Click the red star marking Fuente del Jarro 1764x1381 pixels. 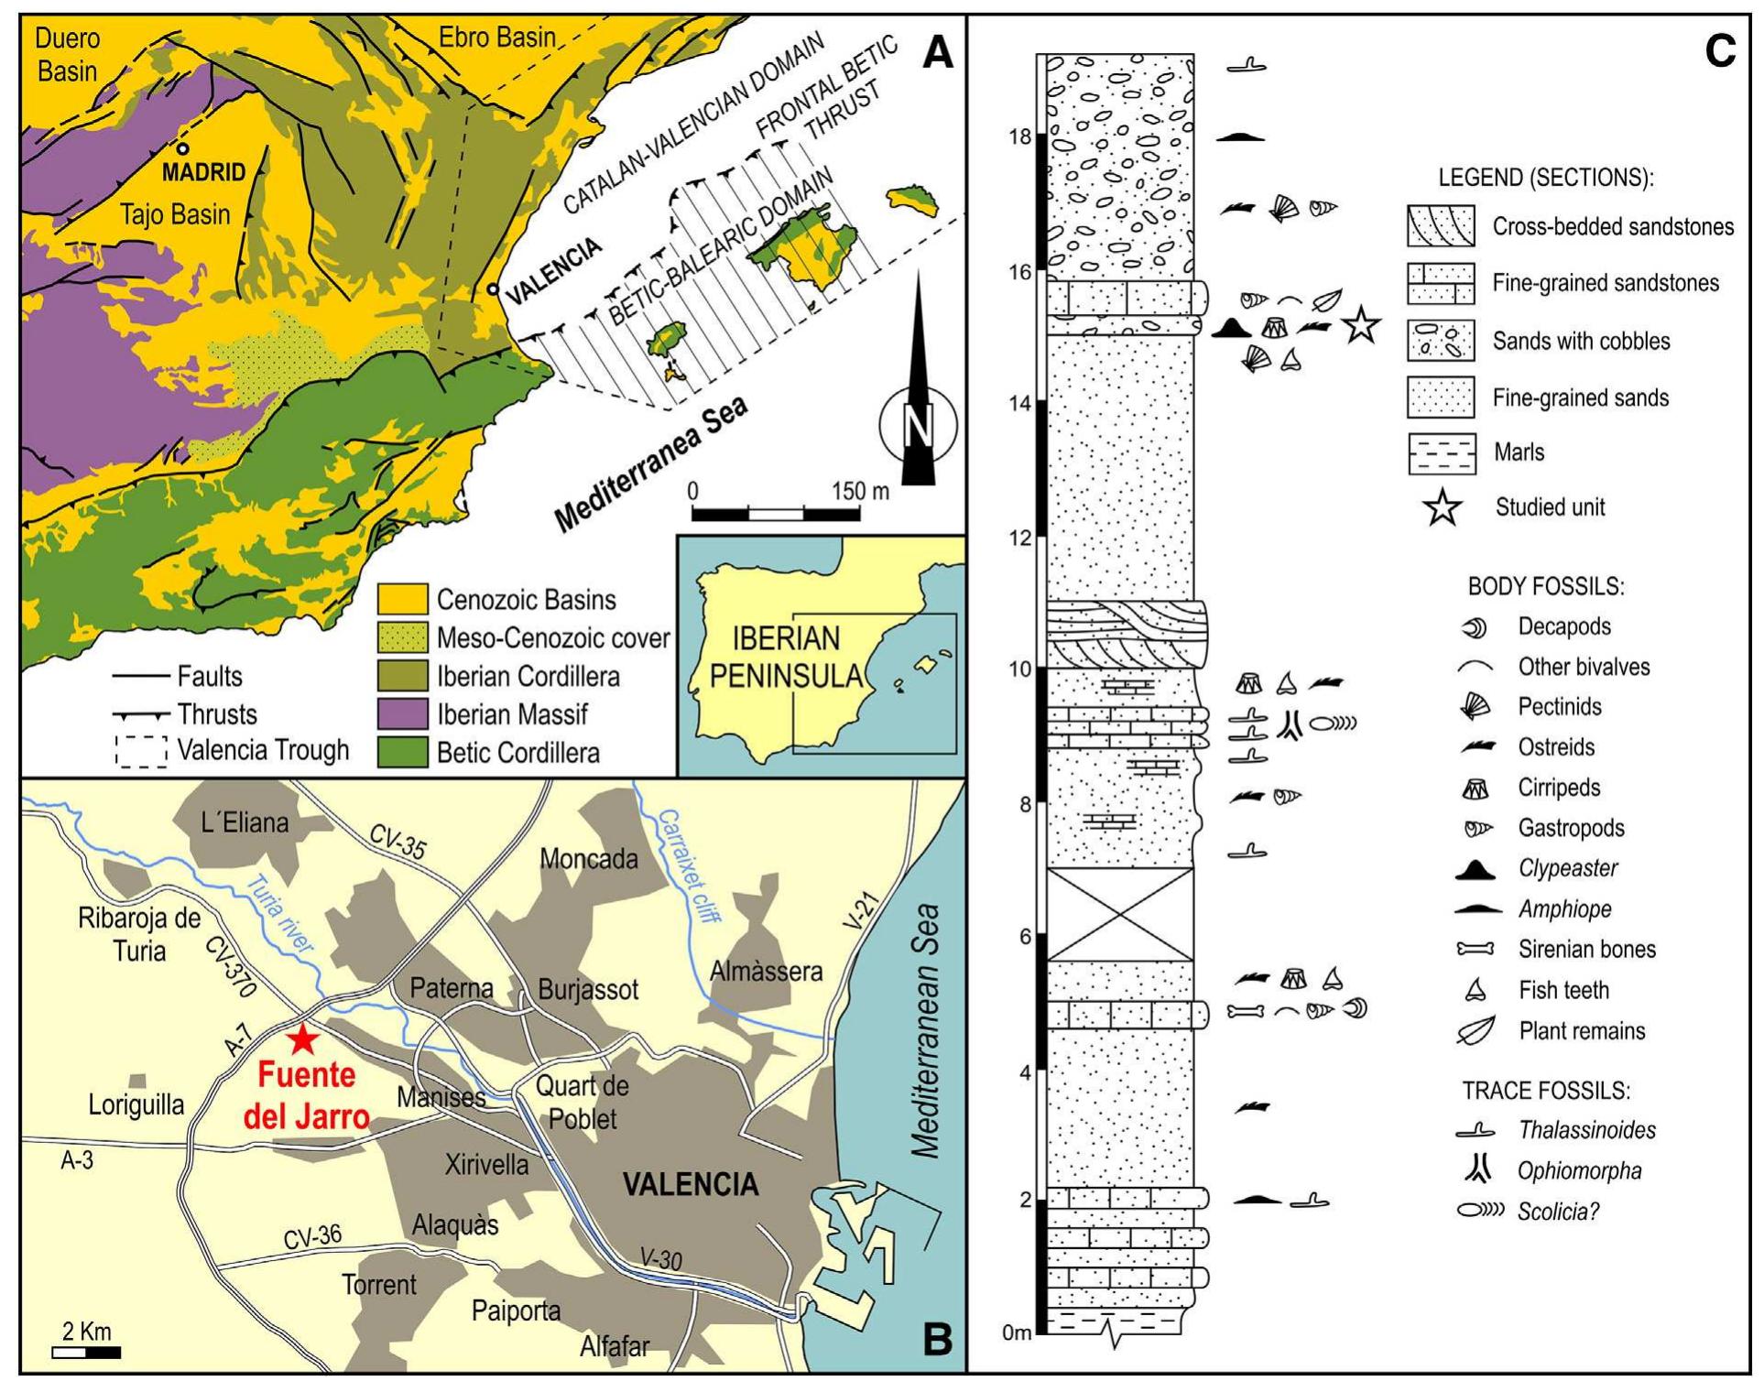pos(302,1039)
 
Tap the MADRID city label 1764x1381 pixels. pos(203,171)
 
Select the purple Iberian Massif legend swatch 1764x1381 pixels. pos(402,713)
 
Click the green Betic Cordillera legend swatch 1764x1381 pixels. pos(402,752)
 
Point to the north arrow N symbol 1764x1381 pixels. pos(919,425)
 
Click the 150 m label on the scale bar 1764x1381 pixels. pos(860,492)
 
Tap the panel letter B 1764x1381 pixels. pos(937,1339)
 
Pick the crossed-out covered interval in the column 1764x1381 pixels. pos(1119,914)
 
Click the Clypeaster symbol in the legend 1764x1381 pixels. pos(1475,869)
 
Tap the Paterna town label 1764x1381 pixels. pos(452,988)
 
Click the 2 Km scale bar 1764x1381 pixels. pos(86,1352)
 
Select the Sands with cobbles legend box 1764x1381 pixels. pos(1441,341)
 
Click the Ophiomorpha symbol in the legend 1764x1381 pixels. pos(1475,1169)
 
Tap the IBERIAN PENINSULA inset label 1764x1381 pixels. pos(786,657)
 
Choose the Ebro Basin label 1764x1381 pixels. pos(496,38)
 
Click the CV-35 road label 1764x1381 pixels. pos(397,842)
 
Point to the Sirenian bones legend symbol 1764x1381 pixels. pos(1475,950)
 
